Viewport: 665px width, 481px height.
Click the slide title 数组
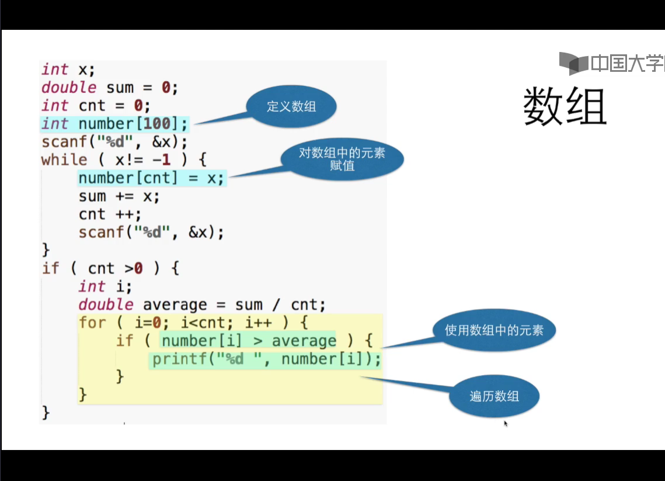coord(565,106)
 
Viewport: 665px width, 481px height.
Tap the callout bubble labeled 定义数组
coord(291,106)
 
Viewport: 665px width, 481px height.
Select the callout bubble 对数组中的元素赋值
coord(342,159)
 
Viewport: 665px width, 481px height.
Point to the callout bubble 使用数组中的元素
coord(494,330)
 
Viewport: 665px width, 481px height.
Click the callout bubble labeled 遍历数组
coord(494,397)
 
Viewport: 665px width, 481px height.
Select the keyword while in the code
coord(64,160)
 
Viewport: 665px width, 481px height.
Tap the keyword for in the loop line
coord(92,323)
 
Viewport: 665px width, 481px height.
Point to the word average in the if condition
coord(304,341)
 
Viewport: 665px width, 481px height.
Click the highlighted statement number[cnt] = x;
coord(151,178)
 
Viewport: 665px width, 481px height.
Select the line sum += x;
coord(119,196)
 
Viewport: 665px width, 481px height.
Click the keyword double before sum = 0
coord(68,88)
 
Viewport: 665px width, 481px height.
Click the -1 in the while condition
coord(175,160)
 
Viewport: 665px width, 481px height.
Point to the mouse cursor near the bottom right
coord(506,423)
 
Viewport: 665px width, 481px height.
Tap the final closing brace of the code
coord(46,413)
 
